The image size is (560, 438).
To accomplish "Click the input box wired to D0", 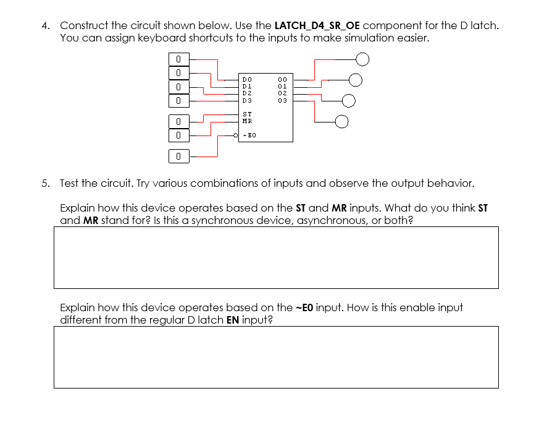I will (177, 59).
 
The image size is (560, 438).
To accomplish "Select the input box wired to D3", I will (177, 100).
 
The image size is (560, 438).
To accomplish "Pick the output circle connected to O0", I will (362, 59).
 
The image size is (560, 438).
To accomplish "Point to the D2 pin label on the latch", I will (247, 92).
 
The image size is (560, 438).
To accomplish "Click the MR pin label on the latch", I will (247, 121).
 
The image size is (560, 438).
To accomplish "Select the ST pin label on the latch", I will (247, 114).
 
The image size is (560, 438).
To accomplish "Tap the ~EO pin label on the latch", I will (249, 134).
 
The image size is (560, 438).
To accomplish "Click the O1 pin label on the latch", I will (283, 85).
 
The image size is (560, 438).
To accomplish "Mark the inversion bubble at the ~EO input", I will (236, 134).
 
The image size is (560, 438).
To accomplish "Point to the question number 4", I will (45, 26).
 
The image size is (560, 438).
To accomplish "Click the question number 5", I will (45, 183).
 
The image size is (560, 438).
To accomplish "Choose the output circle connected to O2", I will (348, 100).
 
